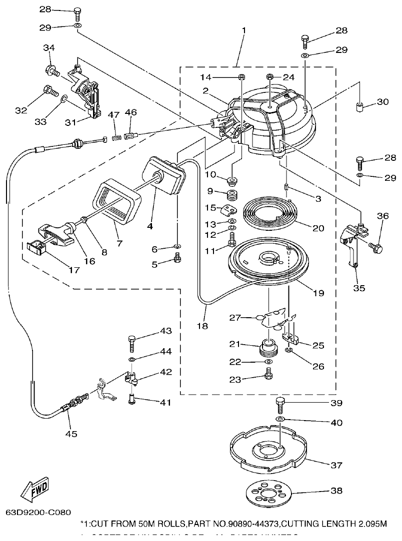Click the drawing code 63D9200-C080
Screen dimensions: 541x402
[38, 512]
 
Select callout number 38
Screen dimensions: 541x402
[337, 491]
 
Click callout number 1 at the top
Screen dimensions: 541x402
[243, 31]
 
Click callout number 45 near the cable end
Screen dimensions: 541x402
[71, 434]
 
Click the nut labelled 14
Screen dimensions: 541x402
[241, 77]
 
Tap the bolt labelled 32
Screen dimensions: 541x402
[49, 90]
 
